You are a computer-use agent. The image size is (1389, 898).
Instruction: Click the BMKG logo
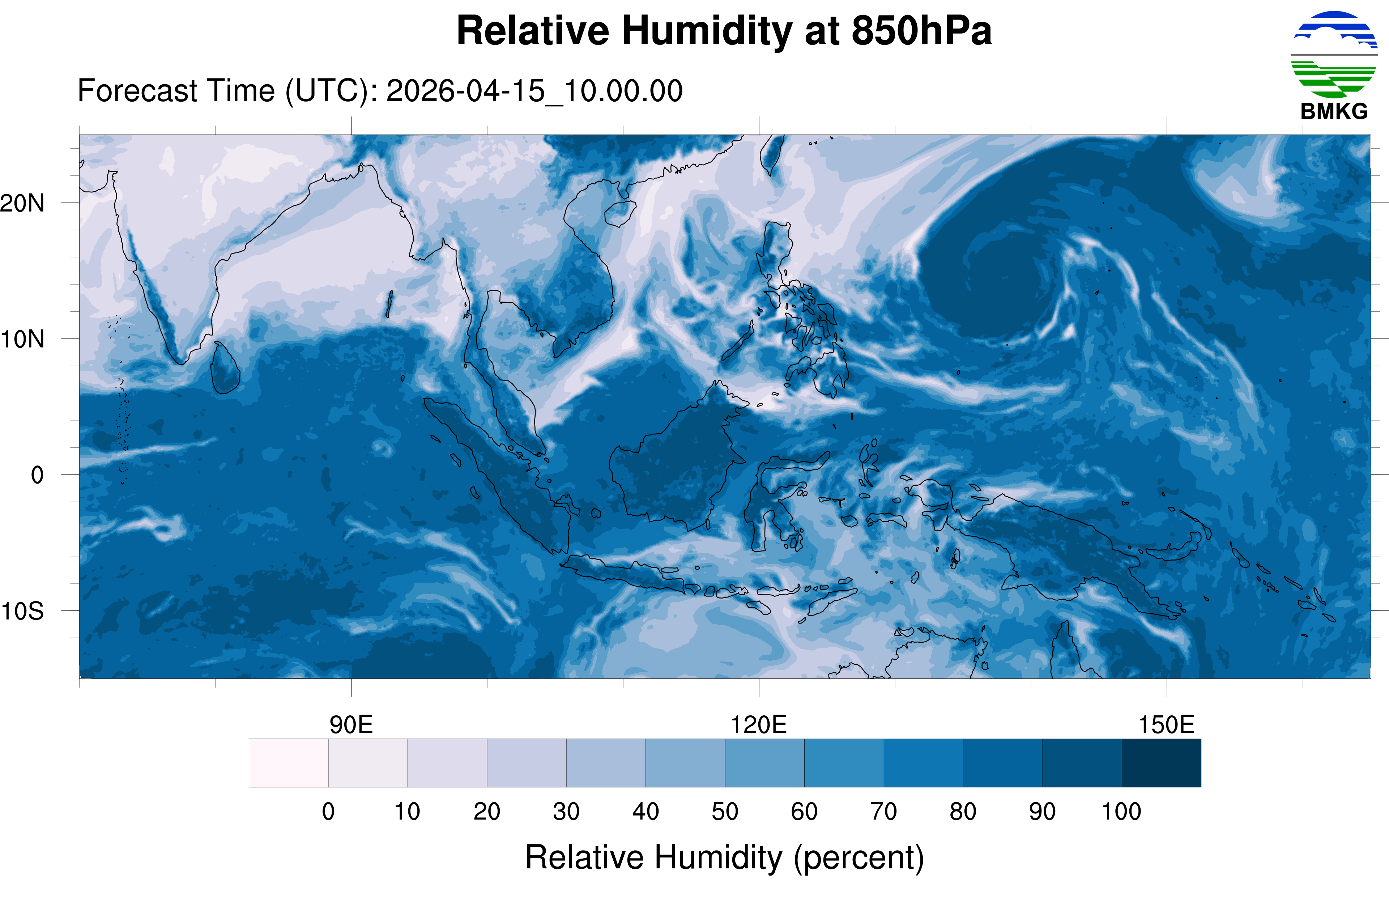point(1334,64)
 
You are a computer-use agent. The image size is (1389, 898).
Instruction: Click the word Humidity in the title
point(707,30)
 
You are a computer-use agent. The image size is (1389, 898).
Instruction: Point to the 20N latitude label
point(22,204)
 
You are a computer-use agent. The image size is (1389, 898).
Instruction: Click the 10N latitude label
point(22,339)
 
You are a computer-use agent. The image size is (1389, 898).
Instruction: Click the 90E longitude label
point(351,725)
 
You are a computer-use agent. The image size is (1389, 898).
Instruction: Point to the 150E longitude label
point(1166,725)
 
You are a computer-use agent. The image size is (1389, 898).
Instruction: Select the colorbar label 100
point(1121,811)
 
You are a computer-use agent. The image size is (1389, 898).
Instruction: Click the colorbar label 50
point(725,811)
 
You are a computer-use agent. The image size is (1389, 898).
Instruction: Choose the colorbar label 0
point(328,811)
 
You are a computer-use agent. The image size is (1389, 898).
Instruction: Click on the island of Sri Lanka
point(225,369)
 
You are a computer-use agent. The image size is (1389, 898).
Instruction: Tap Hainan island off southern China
point(619,213)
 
